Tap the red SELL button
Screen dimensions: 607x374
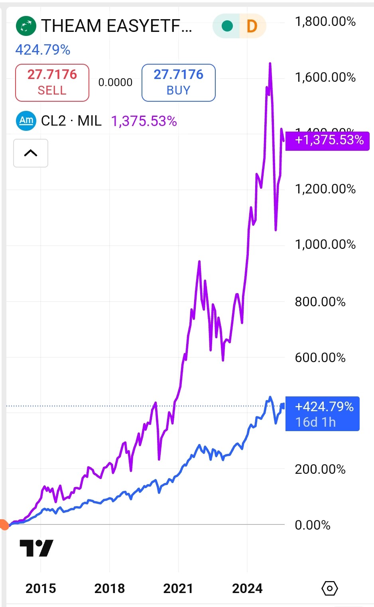(52, 83)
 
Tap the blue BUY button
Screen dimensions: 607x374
(178, 83)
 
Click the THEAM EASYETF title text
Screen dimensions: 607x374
(116, 26)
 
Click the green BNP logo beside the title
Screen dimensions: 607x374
(26, 26)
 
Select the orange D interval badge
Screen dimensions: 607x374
(252, 26)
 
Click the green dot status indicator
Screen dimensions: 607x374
(227, 26)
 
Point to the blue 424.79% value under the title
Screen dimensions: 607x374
(43, 50)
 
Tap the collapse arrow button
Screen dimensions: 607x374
(31, 153)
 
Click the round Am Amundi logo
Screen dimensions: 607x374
(26, 120)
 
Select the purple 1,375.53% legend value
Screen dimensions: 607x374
(144, 121)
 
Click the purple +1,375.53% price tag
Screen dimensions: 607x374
(328, 140)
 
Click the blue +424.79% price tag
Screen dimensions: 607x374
(323, 414)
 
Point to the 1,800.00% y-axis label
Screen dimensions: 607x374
(325, 22)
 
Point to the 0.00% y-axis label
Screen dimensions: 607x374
(313, 525)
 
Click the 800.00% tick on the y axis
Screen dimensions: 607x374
(320, 302)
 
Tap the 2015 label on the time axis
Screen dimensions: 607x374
(41, 588)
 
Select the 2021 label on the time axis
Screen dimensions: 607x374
(178, 588)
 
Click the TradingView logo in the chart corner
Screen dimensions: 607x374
(36, 548)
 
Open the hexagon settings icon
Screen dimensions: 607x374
(330, 588)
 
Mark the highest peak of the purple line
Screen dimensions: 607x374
(270, 63)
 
